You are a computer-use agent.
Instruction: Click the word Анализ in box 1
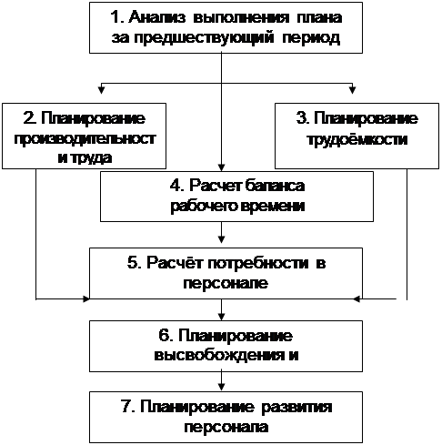point(157,17)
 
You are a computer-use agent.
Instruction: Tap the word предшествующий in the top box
point(204,38)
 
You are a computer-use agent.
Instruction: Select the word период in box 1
point(311,38)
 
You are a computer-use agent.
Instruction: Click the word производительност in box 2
point(85,139)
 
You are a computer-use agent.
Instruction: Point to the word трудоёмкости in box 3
point(357,139)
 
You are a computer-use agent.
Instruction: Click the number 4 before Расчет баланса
point(176,186)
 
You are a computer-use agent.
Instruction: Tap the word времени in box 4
point(272,206)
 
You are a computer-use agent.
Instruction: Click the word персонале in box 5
point(226,284)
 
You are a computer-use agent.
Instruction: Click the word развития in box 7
point(296,407)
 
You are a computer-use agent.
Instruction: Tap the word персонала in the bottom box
point(226,427)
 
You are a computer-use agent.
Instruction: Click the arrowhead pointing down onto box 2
point(102,90)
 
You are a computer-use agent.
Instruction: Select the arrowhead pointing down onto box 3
point(352,90)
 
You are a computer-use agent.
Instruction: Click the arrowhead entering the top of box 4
point(222,167)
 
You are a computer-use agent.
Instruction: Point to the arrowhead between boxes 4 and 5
point(222,239)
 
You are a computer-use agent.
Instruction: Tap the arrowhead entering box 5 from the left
point(86,299)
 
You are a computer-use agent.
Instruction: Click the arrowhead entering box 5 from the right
point(357,299)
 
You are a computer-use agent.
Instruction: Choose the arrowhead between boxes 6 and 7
point(222,387)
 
